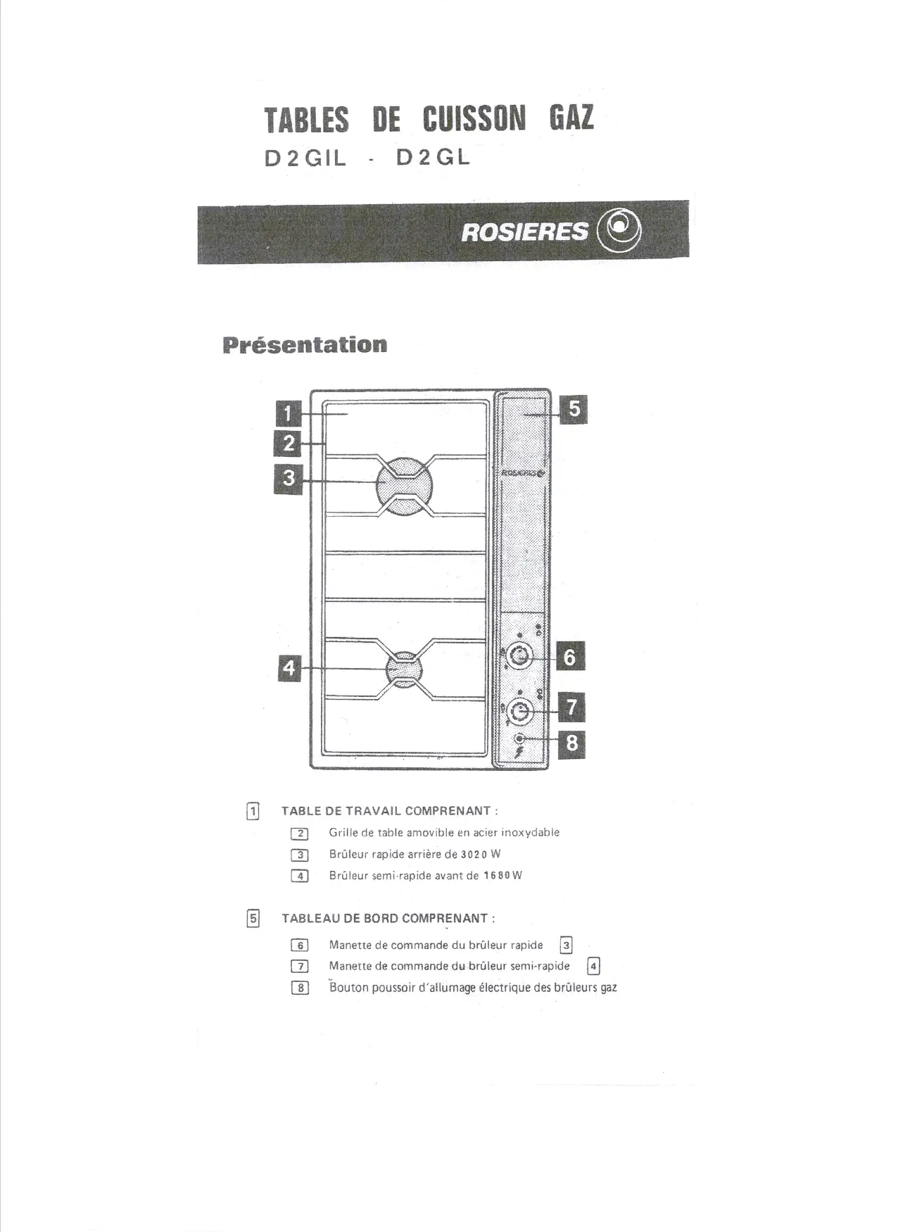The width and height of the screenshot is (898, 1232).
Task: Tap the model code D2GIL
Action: [x=305, y=159]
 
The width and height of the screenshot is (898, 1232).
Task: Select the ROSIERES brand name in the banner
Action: [x=524, y=232]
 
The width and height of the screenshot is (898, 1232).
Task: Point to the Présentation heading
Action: [x=305, y=345]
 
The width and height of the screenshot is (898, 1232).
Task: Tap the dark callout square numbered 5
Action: [x=574, y=408]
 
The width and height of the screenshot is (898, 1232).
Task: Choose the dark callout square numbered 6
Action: [x=570, y=657]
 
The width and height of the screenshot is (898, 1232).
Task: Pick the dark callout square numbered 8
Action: [x=571, y=743]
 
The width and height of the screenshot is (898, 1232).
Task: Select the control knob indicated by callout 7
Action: [x=519, y=712]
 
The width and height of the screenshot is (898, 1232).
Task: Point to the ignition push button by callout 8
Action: [x=519, y=738]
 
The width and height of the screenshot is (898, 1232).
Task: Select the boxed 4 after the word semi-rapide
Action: [x=594, y=966]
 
